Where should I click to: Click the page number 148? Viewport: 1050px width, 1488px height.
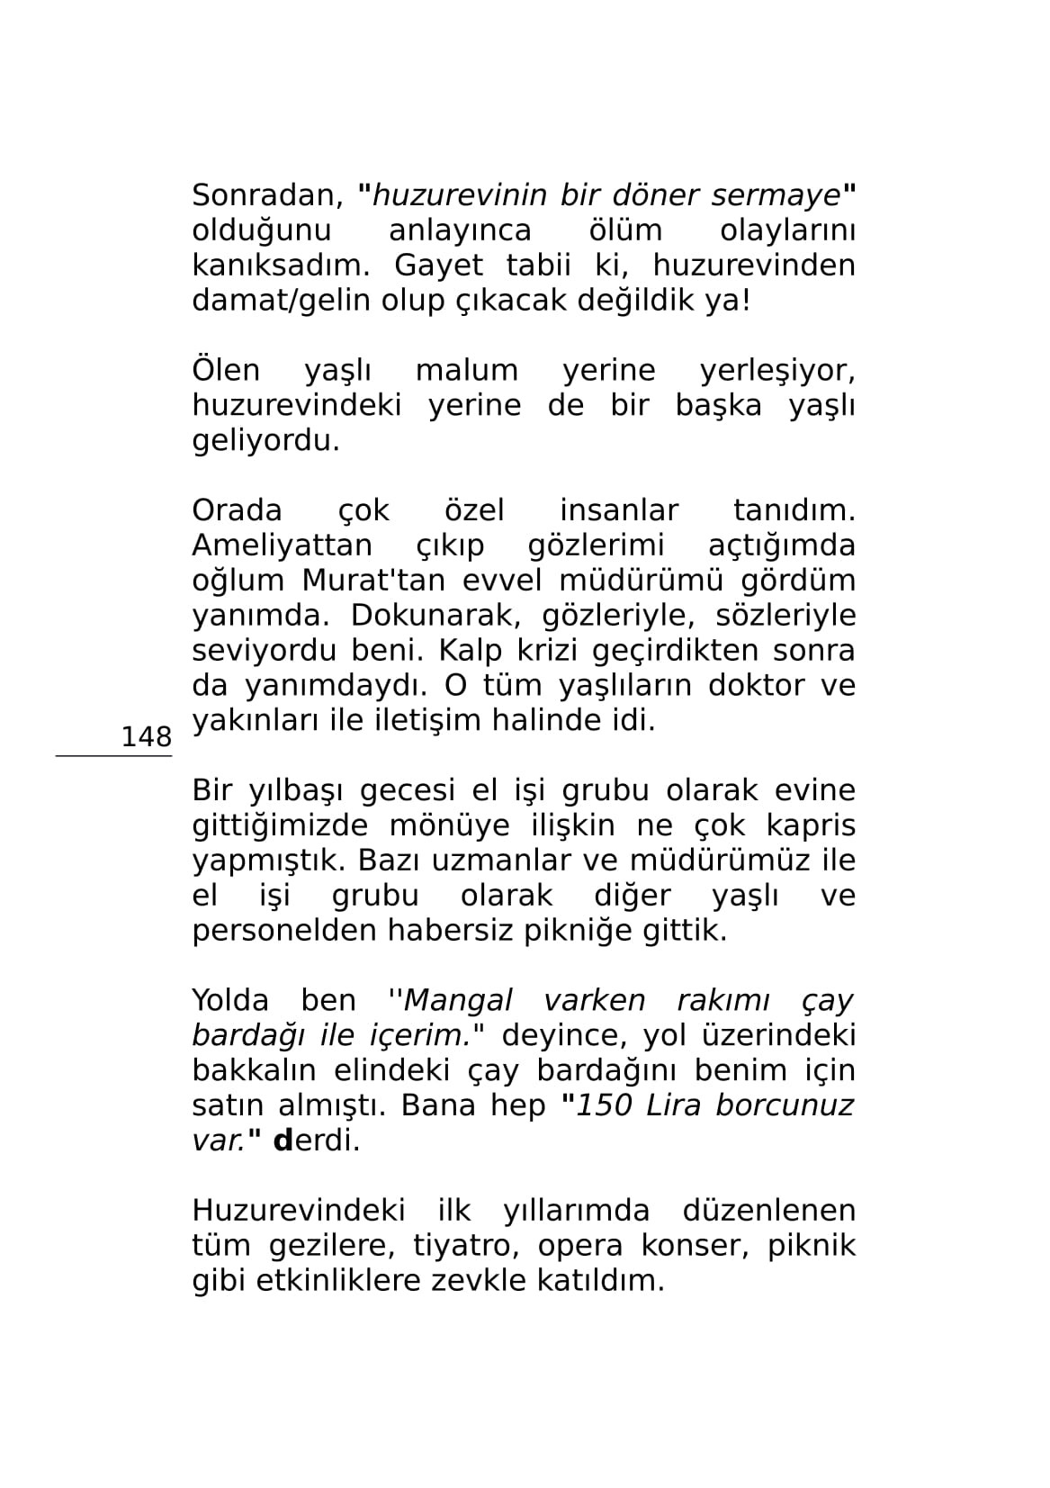point(146,737)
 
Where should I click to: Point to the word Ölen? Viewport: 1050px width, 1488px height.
point(226,370)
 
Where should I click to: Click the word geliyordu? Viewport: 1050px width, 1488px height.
point(266,441)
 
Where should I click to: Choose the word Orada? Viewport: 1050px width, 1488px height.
point(237,510)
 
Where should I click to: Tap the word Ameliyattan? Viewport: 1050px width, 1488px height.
point(282,546)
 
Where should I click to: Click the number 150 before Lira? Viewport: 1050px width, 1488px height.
point(605,1105)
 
